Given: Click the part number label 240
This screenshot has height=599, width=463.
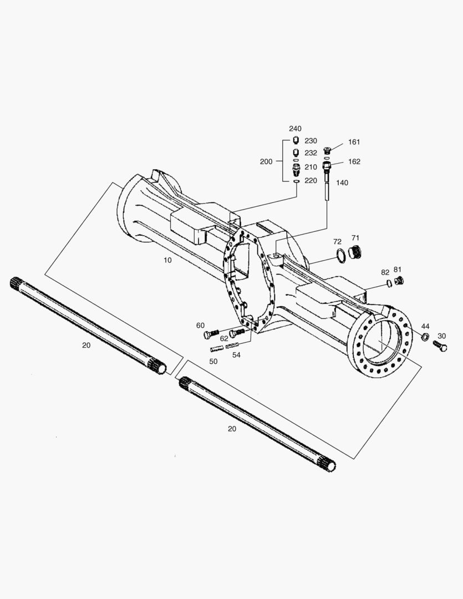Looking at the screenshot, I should (x=294, y=129).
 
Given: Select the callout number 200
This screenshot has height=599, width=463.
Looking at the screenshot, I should (x=266, y=161).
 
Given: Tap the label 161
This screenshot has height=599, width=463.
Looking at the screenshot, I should (x=354, y=142).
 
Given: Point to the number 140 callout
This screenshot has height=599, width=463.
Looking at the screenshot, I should (x=342, y=182).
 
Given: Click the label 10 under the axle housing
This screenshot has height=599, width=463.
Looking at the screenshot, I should (x=167, y=260).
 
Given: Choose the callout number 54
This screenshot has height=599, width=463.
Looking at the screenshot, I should (x=236, y=354).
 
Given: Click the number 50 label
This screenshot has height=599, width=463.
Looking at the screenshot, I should (x=213, y=361).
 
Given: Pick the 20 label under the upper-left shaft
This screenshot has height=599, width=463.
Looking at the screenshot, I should (x=86, y=345).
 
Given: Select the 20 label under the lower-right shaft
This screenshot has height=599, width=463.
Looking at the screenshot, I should (x=232, y=429).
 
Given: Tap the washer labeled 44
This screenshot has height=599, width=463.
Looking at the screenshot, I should (x=425, y=337).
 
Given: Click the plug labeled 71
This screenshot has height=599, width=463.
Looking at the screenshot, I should (x=357, y=252).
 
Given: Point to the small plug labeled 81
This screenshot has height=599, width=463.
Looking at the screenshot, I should (x=398, y=281).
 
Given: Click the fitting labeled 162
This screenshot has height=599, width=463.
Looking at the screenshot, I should (x=327, y=164).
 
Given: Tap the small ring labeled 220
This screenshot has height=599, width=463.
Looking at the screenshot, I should (x=296, y=181).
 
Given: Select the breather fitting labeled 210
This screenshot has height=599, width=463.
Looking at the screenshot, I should (x=296, y=167).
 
